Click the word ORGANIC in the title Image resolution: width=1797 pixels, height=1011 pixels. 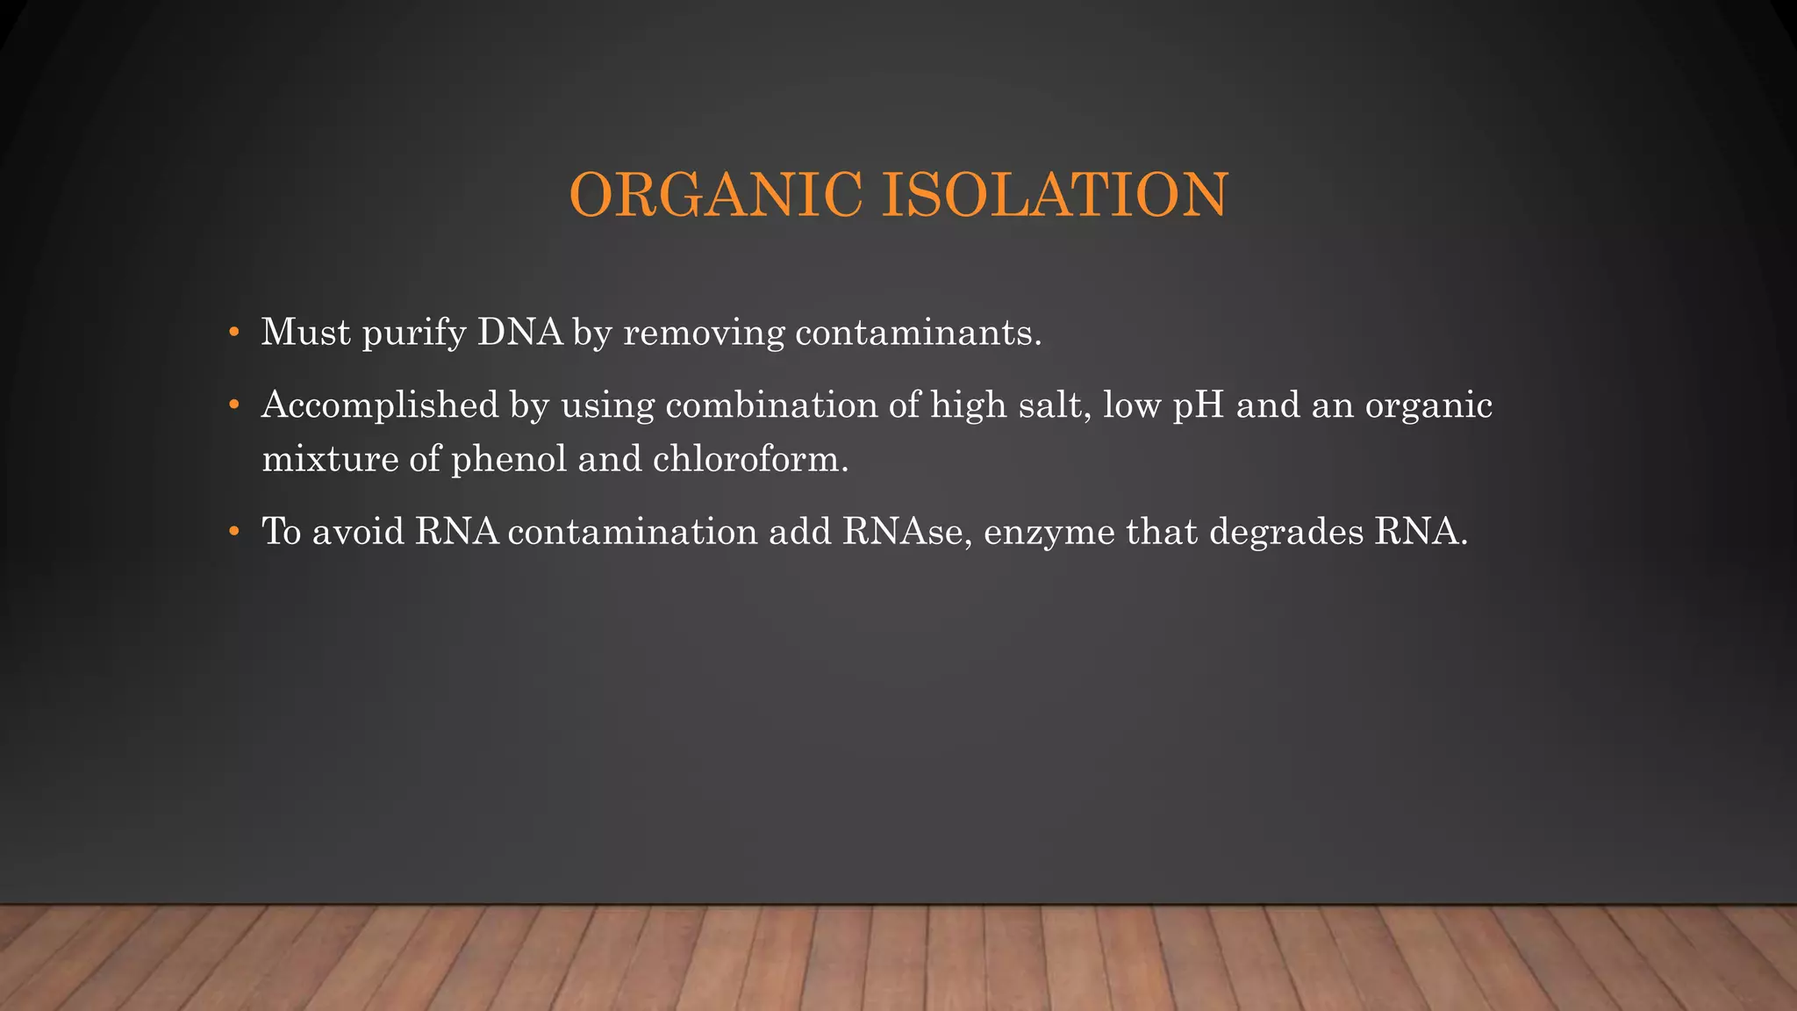(x=715, y=195)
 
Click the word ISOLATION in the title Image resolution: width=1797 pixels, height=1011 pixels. (x=1054, y=195)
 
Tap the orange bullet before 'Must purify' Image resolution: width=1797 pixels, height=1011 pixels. (x=233, y=333)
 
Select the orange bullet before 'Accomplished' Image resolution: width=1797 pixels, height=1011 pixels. (x=233, y=405)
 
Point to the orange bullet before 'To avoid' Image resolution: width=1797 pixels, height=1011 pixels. (x=233, y=532)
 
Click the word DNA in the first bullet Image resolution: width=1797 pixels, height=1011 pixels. (x=520, y=333)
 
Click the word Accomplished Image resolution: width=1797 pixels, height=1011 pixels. (x=380, y=405)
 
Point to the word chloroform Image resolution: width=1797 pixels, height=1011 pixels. (x=750, y=459)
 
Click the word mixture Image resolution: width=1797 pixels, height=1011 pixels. (x=331, y=459)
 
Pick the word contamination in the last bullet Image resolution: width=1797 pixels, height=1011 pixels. (x=633, y=532)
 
